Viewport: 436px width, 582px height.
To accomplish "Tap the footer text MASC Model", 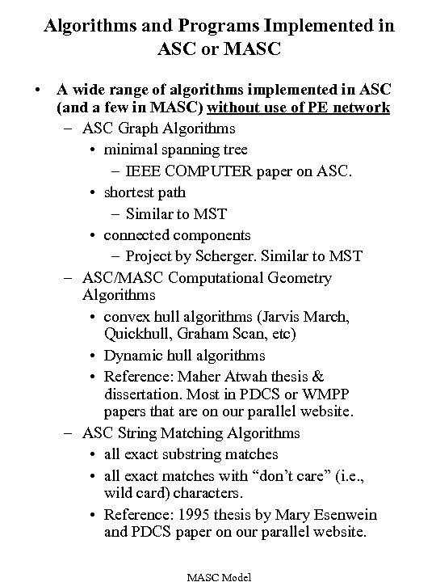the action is point(218,576).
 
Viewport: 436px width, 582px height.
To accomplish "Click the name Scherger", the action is point(227,256).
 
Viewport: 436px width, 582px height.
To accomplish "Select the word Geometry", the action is point(299,278).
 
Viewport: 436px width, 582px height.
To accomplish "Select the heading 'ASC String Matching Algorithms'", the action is point(191,433).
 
